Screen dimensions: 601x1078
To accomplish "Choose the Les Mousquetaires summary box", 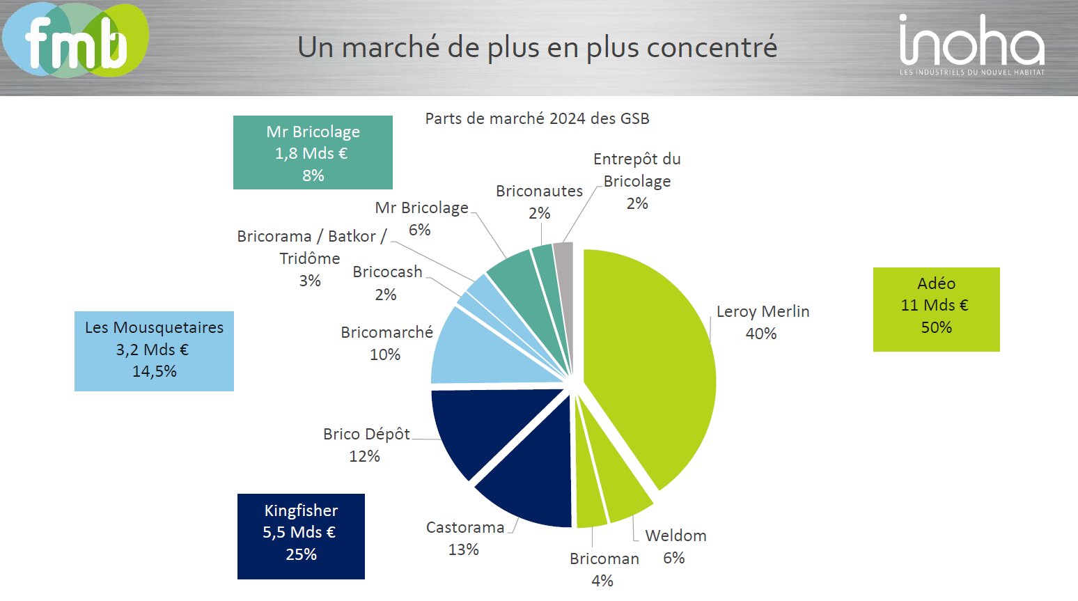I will coord(154,351).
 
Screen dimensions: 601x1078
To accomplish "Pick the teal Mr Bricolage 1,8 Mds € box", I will coord(313,153).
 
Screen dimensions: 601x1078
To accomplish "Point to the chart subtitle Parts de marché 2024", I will coord(537,118).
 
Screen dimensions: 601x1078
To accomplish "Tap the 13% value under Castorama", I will coord(464,549).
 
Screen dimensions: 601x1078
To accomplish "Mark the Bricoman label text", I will coord(604,559).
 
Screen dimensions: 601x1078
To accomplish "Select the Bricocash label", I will coord(387,272).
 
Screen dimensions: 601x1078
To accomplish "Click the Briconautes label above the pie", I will coord(539,191).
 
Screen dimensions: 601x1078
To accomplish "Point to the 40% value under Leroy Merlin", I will coord(761,334).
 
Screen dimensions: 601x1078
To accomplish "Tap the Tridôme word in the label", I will coord(310,258).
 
